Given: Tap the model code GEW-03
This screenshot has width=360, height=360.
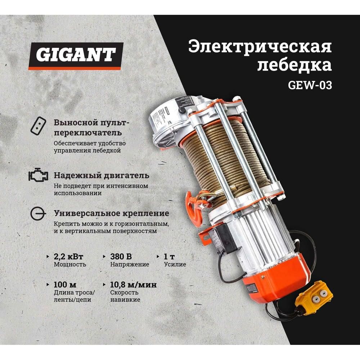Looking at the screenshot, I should pos(310,86).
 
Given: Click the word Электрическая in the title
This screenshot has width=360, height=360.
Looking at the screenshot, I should pos(260,48).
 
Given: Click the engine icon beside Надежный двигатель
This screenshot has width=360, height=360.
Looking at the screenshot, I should pos(38,176).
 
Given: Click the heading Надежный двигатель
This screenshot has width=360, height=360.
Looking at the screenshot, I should pos(101,176).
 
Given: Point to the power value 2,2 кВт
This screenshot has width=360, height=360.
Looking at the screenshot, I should pos(68,257).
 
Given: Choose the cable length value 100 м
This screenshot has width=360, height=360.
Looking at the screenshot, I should pos(65,285).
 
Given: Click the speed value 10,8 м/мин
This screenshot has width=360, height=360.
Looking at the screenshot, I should pos(133,285).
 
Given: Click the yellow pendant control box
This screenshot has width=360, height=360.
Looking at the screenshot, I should pos(313,297).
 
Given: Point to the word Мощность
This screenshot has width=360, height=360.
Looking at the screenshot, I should pos(70,265).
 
